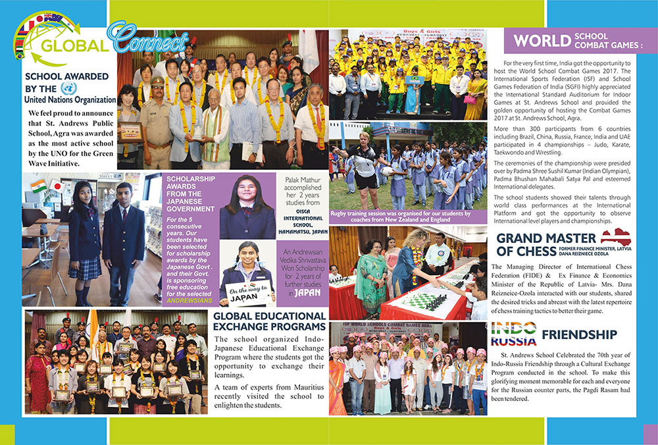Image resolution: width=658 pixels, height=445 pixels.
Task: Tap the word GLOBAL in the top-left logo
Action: pyautogui.click(x=73, y=45)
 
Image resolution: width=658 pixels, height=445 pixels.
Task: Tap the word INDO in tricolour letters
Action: pyautogui.click(x=514, y=327)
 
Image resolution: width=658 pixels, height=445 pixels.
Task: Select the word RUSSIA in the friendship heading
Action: pyautogui.click(x=514, y=341)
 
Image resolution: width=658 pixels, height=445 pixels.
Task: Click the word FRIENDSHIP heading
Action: pyautogui.click(x=579, y=334)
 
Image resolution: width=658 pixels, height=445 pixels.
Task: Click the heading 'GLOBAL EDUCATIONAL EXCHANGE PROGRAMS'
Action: pyautogui.click(x=270, y=321)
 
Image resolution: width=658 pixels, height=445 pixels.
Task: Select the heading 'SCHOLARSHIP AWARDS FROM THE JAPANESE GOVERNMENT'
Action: pyautogui.click(x=191, y=194)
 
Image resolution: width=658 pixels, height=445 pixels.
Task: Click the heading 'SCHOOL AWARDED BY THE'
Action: pyautogui.click(x=66, y=82)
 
